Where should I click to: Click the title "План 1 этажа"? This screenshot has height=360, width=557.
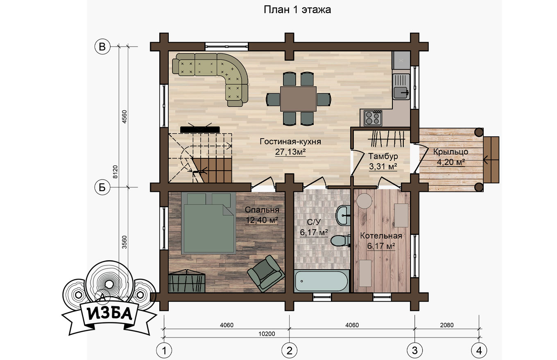click(x=297, y=10)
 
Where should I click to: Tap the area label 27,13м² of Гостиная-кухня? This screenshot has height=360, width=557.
click(x=290, y=152)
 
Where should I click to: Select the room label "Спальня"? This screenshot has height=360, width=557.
click(x=262, y=210)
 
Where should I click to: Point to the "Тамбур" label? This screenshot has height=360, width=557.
click(x=383, y=156)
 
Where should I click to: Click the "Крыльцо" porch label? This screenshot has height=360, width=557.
click(x=451, y=151)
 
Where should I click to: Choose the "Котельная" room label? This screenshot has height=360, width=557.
click(x=381, y=236)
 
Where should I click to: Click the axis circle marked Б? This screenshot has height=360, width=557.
click(x=102, y=187)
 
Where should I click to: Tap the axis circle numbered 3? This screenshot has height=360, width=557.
click(x=414, y=351)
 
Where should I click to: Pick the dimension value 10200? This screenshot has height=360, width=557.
click(x=267, y=334)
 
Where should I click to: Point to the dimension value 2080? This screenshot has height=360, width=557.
click(x=446, y=325)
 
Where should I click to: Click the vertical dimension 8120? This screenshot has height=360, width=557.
click(x=115, y=172)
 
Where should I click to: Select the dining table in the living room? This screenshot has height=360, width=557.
click(x=299, y=99)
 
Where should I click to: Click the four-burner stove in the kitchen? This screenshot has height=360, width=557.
click(x=373, y=118)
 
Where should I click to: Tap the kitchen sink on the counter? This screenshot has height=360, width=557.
click(x=401, y=86)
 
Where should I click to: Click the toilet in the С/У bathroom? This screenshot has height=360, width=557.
click(x=340, y=241)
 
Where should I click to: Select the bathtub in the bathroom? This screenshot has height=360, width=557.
click(x=322, y=281)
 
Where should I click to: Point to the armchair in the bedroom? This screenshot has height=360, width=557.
click(x=266, y=273)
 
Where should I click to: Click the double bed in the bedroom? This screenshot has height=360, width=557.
click(x=208, y=223)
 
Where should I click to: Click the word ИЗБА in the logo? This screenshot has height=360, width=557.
click(x=109, y=314)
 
